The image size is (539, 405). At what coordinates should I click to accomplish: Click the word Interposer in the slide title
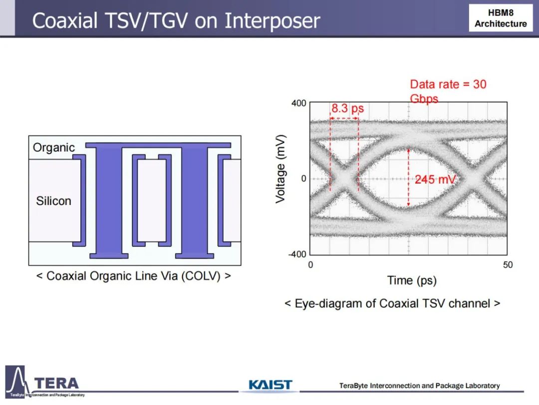[272, 21]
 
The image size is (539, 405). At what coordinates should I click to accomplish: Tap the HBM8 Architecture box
[501, 18]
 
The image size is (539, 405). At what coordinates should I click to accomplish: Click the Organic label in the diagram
[53, 147]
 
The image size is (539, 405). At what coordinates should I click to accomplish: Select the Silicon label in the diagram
[53, 201]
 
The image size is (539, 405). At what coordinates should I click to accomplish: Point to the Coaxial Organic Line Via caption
[133, 276]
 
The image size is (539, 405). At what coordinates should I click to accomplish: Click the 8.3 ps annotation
[347, 108]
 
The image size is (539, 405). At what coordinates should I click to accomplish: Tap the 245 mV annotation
[435, 179]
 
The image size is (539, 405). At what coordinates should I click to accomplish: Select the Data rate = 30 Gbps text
[448, 91]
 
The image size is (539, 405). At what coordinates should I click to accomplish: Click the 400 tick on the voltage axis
[298, 103]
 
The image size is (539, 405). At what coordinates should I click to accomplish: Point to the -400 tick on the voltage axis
[297, 254]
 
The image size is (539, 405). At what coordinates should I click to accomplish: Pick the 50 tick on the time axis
[508, 265]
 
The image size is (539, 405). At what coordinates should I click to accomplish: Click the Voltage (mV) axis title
[280, 169]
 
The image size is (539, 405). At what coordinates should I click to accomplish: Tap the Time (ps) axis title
[412, 280]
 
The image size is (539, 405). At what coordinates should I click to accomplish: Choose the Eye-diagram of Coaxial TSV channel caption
[392, 304]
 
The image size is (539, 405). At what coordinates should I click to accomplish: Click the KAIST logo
[270, 384]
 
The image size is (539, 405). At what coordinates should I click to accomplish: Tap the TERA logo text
[56, 383]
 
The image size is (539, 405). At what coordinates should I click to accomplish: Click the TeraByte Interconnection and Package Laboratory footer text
[419, 385]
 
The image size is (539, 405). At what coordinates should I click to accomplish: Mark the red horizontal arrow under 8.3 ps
[344, 118]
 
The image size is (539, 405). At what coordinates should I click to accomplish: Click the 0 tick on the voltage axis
[303, 178]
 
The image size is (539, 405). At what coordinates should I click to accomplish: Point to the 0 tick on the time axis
[310, 265]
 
